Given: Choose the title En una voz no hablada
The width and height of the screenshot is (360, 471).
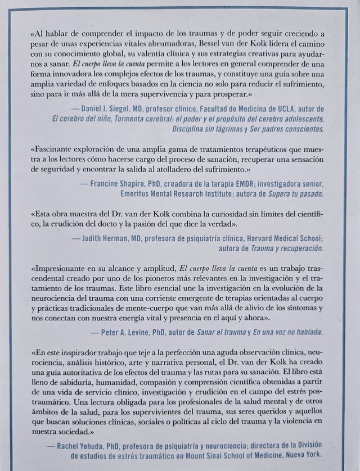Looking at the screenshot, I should pos(285,332).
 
